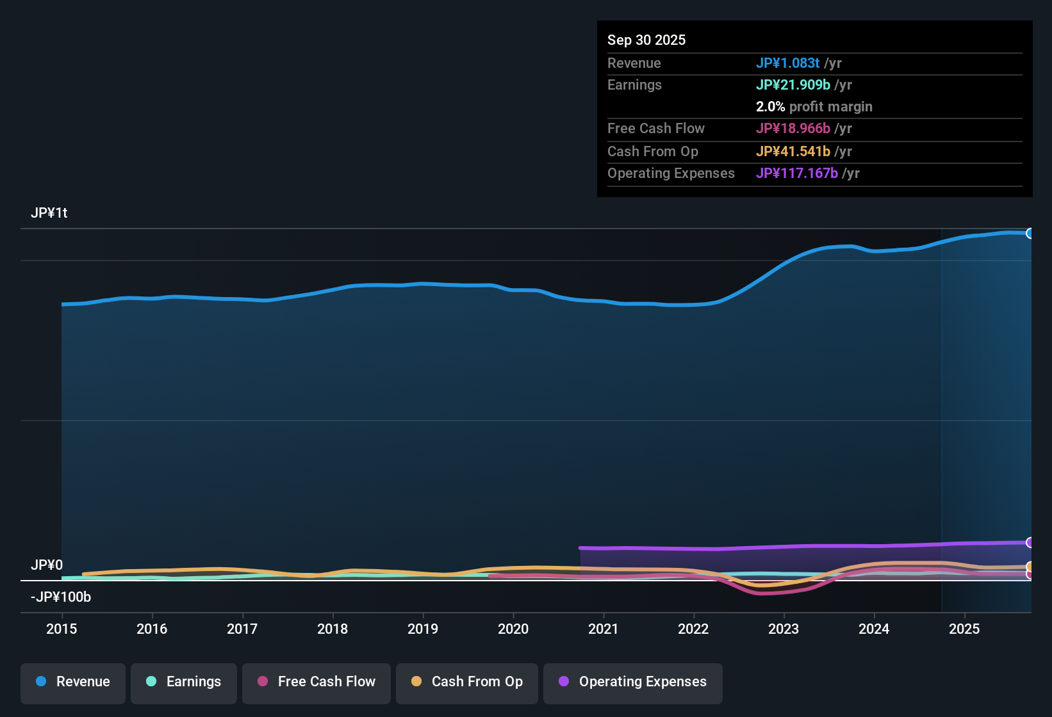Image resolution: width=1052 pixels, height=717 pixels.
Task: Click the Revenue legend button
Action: click(x=73, y=682)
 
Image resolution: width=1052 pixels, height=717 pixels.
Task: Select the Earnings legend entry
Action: click(x=184, y=682)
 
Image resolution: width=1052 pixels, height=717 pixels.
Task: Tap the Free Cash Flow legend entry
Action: click(x=316, y=682)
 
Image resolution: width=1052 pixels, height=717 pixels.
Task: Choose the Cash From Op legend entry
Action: click(x=467, y=682)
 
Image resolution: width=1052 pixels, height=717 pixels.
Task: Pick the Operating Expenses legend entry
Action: click(x=633, y=682)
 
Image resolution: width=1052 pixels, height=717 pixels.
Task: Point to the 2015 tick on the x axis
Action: click(x=62, y=629)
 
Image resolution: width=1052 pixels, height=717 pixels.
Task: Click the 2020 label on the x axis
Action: click(x=513, y=629)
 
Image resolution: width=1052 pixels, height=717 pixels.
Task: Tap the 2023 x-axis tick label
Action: click(x=784, y=629)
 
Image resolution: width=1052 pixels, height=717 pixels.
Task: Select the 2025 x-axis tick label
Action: click(x=964, y=629)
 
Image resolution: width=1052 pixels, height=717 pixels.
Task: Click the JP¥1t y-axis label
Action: click(x=49, y=213)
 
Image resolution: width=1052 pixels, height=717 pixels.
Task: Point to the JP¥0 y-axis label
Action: click(x=47, y=565)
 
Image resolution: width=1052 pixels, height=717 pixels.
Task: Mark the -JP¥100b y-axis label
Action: click(x=61, y=597)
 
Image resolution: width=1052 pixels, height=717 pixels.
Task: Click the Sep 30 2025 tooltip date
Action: click(x=646, y=40)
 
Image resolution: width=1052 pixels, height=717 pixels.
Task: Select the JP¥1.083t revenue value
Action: click(x=787, y=63)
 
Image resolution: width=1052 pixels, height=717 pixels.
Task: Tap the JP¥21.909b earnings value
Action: click(x=793, y=85)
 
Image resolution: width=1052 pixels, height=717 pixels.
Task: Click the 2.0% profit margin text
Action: click(x=814, y=107)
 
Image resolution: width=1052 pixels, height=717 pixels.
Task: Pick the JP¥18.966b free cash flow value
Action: click(x=793, y=128)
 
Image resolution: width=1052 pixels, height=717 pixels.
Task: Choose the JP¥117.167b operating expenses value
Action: click(x=797, y=173)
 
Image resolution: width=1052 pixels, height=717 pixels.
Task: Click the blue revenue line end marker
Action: click(x=1030, y=233)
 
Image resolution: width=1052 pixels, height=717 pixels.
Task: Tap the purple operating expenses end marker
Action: click(x=1030, y=542)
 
